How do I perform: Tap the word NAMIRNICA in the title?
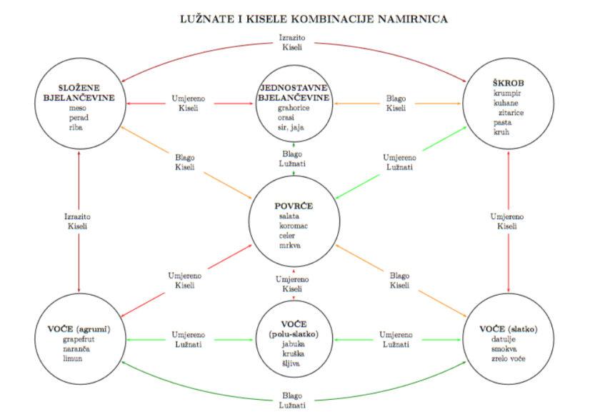pos(416,18)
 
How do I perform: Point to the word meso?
pos(77,108)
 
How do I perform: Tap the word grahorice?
pos(293,108)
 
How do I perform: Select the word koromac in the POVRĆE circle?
pos(294,225)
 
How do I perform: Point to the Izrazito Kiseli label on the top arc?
pos(293,42)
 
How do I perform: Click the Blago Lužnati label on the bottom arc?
pos(293,400)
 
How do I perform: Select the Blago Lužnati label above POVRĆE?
pos(293,159)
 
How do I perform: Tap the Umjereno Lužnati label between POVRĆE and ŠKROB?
pos(397,162)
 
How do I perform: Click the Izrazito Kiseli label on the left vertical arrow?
pos(77,221)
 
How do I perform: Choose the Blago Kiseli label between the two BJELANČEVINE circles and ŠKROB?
pos(396,104)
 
